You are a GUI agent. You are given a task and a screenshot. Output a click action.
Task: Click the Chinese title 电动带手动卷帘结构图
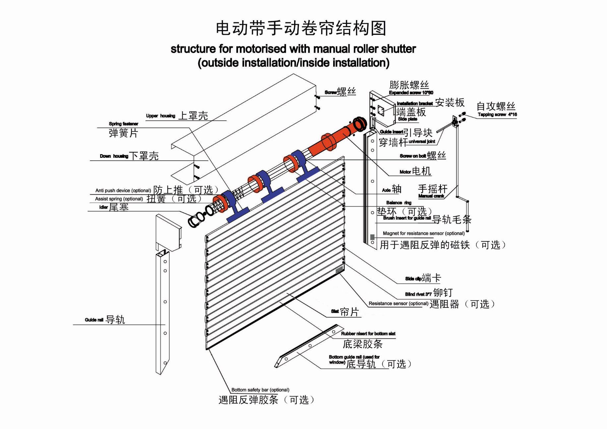point(301,28)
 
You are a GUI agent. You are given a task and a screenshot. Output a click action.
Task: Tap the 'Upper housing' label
point(160,116)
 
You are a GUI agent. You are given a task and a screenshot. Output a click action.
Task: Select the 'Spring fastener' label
point(123,124)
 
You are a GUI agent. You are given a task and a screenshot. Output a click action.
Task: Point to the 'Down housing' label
point(114,156)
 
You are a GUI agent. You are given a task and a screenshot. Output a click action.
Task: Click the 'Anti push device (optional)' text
point(123,191)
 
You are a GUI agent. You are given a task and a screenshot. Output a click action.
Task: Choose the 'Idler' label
point(103,207)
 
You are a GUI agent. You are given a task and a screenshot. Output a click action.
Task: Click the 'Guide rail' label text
point(94,320)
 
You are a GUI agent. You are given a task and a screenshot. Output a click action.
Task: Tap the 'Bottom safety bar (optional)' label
point(260,390)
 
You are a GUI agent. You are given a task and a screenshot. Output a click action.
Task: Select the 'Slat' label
point(335,311)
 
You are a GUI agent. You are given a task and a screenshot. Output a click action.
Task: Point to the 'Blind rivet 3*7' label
point(418,294)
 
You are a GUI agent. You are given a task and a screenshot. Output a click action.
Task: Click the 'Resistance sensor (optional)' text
point(398,303)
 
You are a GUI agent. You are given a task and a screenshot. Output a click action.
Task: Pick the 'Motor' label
point(405,172)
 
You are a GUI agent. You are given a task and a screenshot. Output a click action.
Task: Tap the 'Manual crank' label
point(431,196)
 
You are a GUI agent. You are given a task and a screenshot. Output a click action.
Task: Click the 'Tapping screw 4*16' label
point(497,114)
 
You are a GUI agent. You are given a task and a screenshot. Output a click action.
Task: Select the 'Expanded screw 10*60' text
point(411,93)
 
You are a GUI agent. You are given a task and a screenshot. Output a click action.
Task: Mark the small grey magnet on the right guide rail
point(372,237)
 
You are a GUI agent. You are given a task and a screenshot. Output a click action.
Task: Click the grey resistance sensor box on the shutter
point(339,270)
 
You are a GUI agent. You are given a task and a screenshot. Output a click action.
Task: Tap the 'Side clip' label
point(413,279)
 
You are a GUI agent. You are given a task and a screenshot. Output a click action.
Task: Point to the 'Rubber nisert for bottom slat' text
point(368,334)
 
